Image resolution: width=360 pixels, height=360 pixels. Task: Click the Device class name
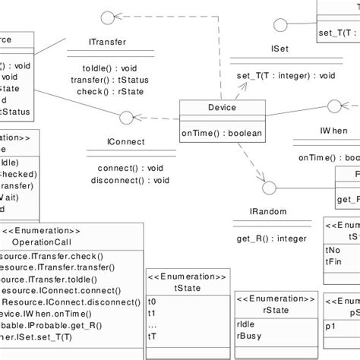[x=221, y=109]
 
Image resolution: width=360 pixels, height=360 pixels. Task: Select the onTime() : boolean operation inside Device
[x=221, y=134]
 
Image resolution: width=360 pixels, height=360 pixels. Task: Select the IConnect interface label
[x=122, y=142]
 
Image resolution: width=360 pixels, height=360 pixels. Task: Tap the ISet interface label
[x=279, y=48]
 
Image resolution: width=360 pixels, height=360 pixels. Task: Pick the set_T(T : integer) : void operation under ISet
[x=285, y=76]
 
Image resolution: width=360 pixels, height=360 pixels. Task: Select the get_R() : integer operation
[x=271, y=238]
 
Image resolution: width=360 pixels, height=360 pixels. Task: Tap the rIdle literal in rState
[x=246, y=322]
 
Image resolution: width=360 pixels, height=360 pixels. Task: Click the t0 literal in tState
[x=152, y=302]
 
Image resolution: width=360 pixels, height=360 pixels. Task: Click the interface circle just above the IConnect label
[x=126, y=118]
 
